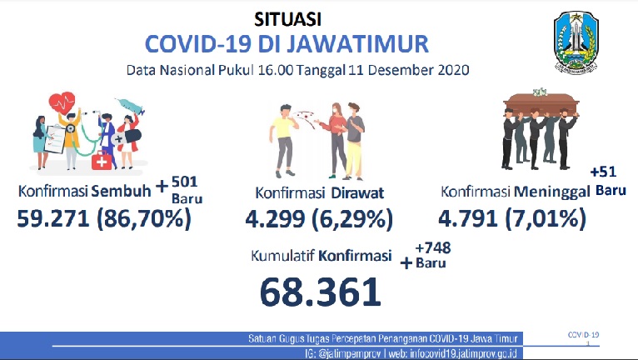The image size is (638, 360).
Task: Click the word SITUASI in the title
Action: point(287,19)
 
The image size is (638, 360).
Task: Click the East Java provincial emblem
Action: point(576,42)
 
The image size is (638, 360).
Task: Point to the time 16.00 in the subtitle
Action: point(276,70)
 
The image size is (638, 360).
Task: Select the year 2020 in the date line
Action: point(454,70)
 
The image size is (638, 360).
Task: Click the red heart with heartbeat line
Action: point(62,102)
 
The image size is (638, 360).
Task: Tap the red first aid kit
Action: point(102,160)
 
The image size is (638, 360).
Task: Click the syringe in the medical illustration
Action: point(130,106)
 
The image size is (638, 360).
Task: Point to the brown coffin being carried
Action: point(541,103)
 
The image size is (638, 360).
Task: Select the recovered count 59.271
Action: point(53,218)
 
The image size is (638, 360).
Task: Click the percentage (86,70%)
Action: point(143,218)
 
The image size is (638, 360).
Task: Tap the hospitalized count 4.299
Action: point(275,218)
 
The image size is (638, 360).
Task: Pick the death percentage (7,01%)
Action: point(546,218)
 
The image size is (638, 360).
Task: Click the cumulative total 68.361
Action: point(321,292)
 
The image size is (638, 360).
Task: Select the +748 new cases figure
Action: point(433,247)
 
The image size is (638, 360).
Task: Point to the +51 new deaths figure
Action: point(603,172)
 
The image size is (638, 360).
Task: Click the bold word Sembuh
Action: point(122,191)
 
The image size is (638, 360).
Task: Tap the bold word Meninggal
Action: point(552,192)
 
